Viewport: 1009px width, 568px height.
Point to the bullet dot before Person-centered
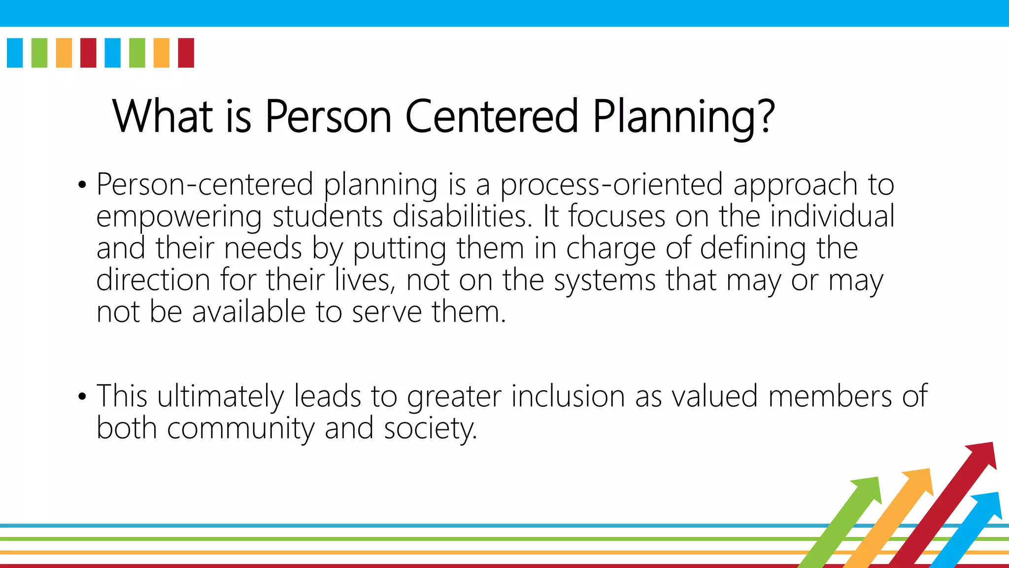82,186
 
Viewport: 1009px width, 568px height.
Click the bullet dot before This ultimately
82,397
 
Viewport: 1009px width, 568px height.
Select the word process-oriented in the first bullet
611,185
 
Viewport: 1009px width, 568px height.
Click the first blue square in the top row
15,53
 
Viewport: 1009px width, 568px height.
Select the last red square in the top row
186,53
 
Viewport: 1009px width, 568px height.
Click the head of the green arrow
868,489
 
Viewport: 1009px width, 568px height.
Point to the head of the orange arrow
920,481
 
